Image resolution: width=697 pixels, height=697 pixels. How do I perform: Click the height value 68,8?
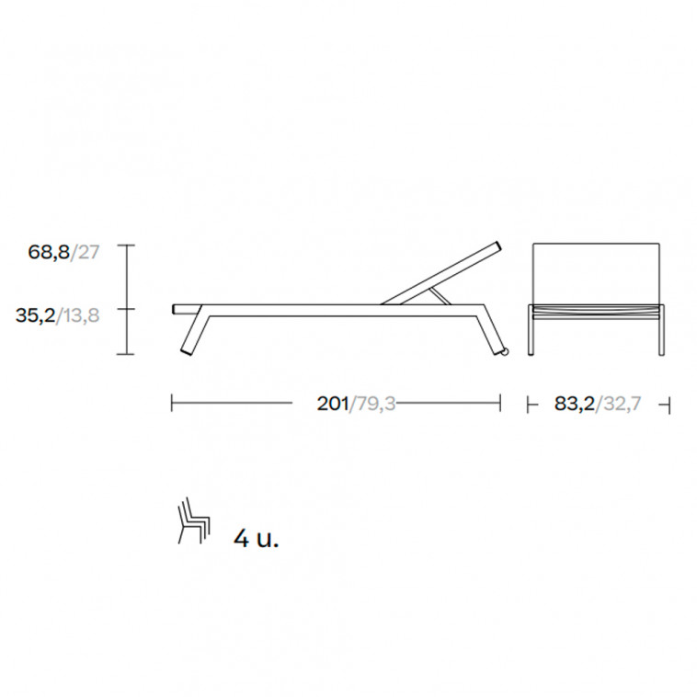[x=49, y=252]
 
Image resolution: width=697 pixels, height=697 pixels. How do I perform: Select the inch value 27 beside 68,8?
[x=87, y=252]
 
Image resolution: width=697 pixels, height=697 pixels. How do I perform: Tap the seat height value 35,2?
[x=36, y=315]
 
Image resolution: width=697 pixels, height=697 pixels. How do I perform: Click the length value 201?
[x=333, y=404]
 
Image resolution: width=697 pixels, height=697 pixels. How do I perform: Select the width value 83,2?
[x=575, y=404]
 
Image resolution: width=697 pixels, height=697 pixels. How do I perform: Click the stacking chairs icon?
[x=194, y=520]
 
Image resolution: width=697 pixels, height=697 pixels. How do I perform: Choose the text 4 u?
[x=257, y=539]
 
